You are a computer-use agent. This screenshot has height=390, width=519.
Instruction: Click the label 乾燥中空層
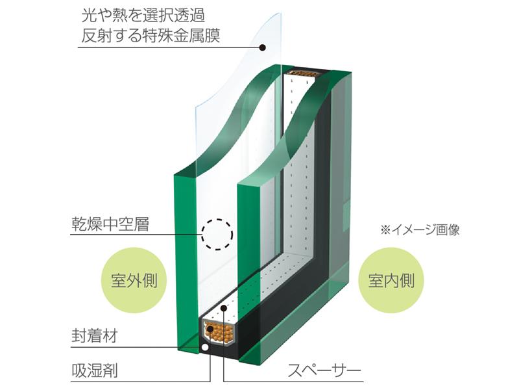tap(110, 227)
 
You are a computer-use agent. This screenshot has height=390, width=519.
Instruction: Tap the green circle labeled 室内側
tap(387, 281)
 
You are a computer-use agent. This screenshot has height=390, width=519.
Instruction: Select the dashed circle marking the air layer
tap(216, 235)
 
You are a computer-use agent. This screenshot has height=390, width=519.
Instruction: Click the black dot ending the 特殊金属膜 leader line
tap(263, 47)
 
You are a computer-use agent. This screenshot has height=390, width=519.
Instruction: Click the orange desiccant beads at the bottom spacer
tap(221, 333)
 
